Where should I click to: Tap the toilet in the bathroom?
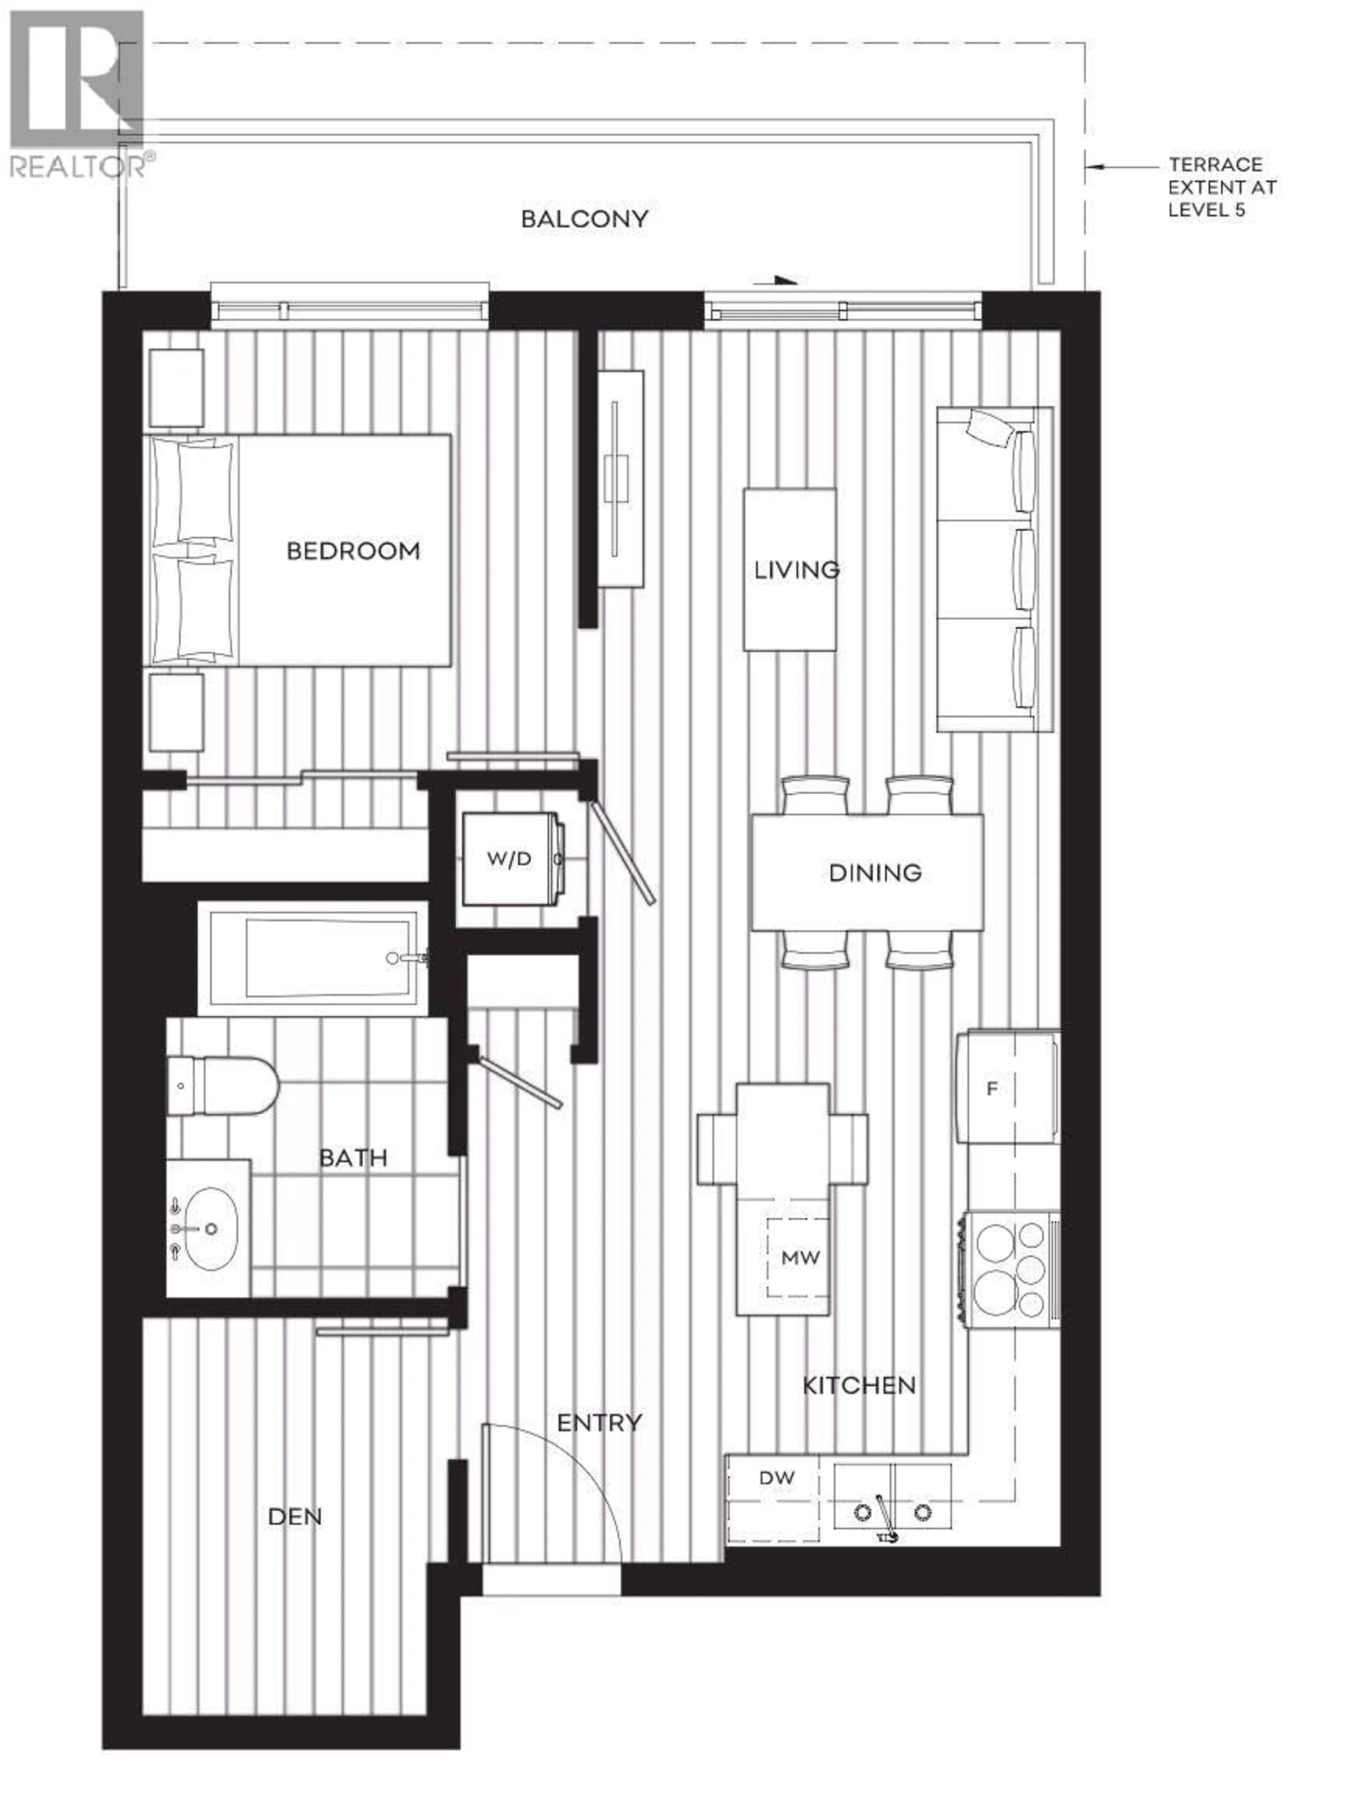pyautogui.click(x=222, y=1086)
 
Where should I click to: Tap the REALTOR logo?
pyautogui.click(x=78, y=94)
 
